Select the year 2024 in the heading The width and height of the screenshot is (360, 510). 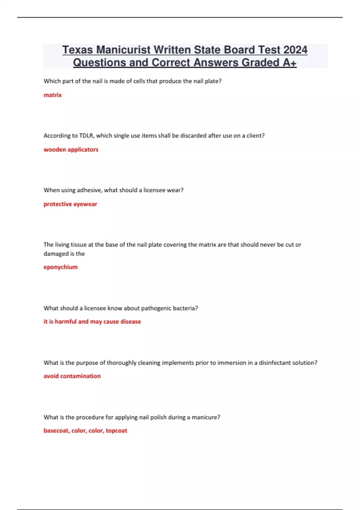click(x=295, y=50)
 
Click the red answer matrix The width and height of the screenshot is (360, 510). click(x=52, y=95)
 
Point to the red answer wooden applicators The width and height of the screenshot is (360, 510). click(x=71, y=149)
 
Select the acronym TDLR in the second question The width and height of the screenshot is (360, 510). click(x=86, y=136)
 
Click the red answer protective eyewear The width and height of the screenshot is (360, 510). click(x=70, y=204)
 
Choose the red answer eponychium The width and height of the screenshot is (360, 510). click(x=61, y=267)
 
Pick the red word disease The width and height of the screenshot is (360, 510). click(x=130, y=322)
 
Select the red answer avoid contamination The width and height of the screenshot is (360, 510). click(x=72, y=376)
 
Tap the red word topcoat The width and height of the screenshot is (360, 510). click(x=116, y=431)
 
